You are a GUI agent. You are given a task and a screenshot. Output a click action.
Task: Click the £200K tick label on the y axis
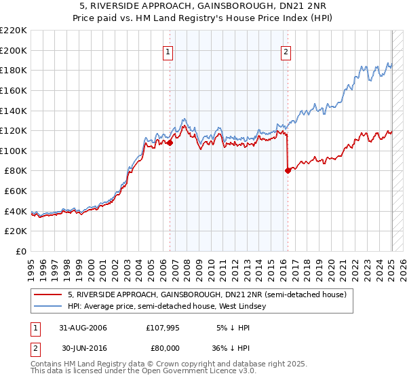point(14,50)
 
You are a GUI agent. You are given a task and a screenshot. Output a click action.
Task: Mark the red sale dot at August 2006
point(170,142)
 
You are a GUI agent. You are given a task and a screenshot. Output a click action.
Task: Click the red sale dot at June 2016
point(288,170)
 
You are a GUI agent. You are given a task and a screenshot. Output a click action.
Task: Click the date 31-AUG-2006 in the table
point(83,328)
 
